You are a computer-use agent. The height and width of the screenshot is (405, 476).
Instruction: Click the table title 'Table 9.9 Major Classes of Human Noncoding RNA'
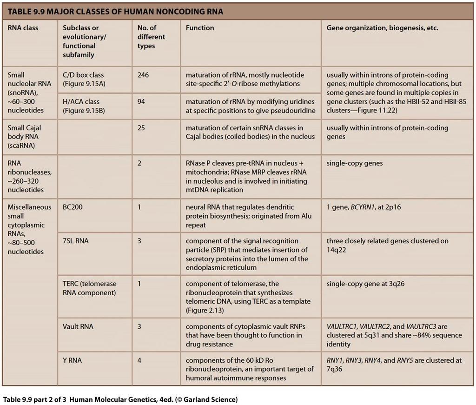(115, 12)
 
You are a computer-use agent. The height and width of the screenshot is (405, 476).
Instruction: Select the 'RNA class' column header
(23, 28)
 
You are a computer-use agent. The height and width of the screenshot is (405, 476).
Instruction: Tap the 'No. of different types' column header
(151, 37)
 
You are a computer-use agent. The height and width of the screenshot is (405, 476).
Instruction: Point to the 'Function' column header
(200, 28)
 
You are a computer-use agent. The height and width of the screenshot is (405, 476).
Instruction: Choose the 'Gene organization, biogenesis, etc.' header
(382, 28)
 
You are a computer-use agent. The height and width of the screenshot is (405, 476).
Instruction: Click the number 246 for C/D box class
(143, 75)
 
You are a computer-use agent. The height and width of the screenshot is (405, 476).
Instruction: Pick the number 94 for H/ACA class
(141, 101)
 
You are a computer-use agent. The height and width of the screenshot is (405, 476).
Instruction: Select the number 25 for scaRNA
(141, 128)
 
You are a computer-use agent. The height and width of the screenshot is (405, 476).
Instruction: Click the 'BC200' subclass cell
(73, 207)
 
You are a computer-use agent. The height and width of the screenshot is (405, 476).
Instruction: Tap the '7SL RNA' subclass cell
(76, 241)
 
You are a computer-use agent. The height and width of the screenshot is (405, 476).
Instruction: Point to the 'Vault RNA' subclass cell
(78, 327)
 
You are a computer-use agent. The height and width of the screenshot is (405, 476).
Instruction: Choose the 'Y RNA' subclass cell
(72, 360)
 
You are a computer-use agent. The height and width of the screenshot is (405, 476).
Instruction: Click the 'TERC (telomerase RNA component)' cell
(90, 288)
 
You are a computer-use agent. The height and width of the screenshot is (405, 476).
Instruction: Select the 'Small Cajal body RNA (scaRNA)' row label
(24, 137)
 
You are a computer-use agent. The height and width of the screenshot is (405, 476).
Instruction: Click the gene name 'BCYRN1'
(363, 207)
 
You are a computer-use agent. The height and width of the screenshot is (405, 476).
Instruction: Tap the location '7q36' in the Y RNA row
(334, 370)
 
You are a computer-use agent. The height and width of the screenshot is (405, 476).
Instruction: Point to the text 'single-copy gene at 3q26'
(365, 284)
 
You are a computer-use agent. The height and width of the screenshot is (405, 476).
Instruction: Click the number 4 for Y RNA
(139, 360)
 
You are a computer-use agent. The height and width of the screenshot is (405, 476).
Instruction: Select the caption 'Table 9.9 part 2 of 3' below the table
(34, 399)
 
